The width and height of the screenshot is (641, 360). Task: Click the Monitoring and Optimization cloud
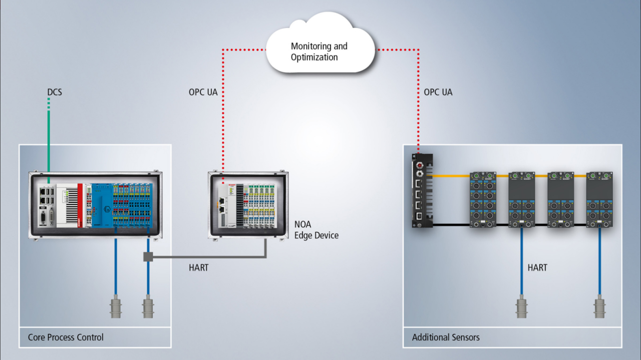click(320, 43)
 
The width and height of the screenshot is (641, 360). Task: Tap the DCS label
click(55, 92)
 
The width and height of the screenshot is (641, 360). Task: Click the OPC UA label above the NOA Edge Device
click(203, 92)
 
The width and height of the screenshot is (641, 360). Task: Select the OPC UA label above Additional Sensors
click(438, 92)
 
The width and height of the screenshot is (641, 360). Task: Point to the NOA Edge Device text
click(316, 230)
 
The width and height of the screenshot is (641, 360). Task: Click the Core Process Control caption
click(66, 337)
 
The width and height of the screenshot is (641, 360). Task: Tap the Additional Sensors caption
click(446, 337)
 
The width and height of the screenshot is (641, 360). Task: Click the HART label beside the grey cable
click(199, 267)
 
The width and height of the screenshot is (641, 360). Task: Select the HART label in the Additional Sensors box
click(537, 267)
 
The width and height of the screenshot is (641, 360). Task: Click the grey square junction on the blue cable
click(148, 257)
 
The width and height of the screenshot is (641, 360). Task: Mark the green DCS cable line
click(49, 140)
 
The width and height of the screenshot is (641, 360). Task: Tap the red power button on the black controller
click(420, 165)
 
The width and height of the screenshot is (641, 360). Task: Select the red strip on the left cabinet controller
click(80, 206)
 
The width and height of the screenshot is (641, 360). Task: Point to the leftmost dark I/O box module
click(483, 199)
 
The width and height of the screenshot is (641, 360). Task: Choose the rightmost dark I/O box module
click(599, 199)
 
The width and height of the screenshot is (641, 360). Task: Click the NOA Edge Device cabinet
click(248, 205)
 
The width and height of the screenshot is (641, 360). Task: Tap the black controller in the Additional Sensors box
click(422, 190)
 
